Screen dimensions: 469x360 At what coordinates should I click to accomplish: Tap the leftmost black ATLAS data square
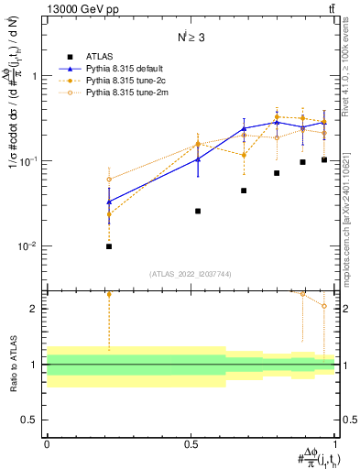[x=109, y=246]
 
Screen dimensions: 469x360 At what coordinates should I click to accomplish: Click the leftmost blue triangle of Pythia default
[x=109, y=202]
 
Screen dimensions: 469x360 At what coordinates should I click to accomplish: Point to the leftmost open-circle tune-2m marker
[x=109, y=180]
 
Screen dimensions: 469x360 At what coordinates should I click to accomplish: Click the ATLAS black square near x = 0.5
[x=198, y=211]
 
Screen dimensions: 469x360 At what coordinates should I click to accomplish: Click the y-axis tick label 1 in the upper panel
[x=35, y=76]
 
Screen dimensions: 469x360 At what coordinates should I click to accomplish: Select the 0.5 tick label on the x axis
[x=191, y=442]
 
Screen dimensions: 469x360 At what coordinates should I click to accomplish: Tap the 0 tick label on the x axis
[x=47, y=442]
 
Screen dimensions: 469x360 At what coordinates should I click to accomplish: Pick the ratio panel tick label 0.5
[x=29, y=420]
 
